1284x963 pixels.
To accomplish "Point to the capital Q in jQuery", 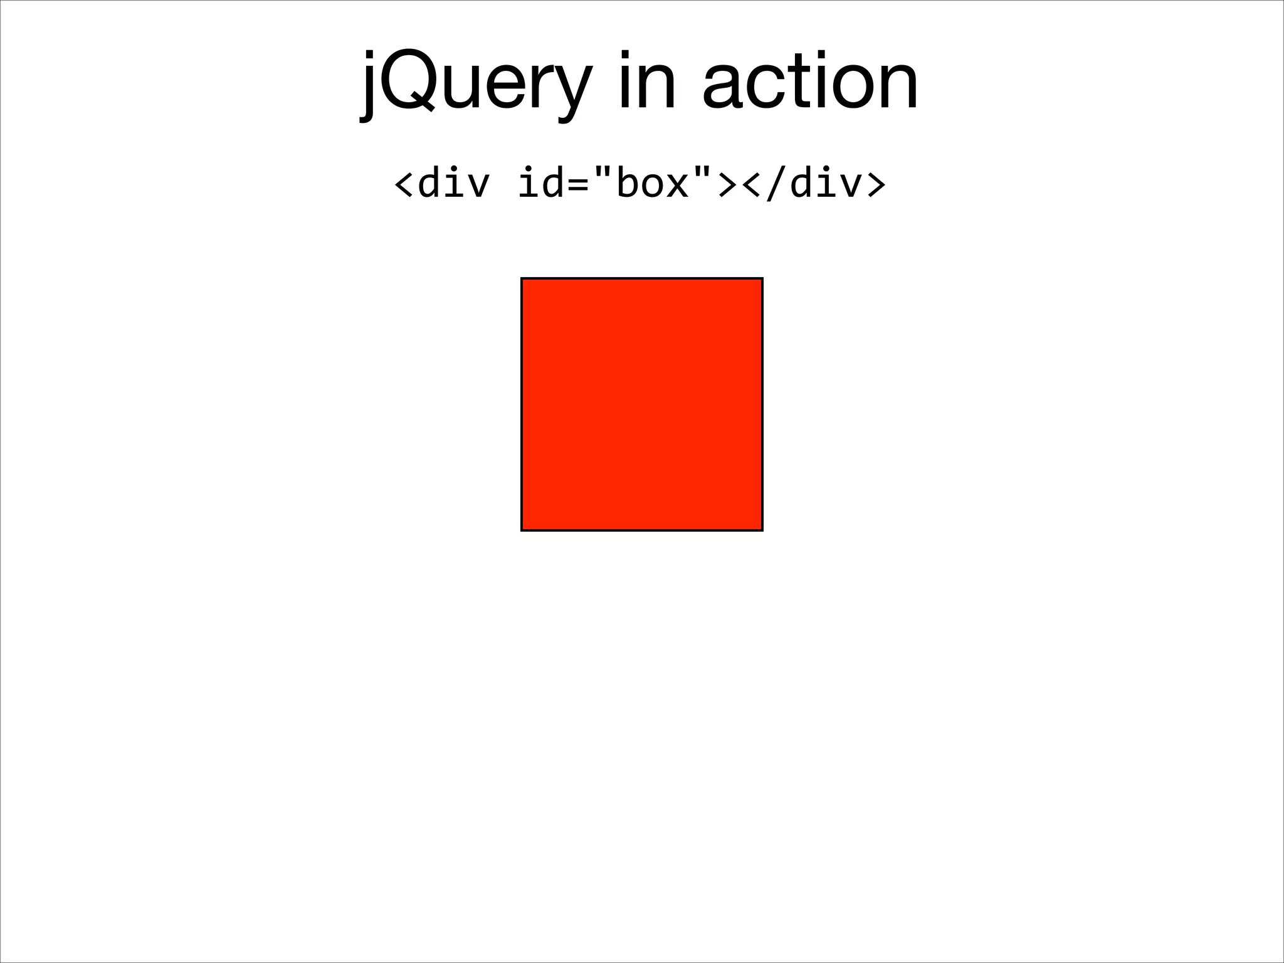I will click(x=408, y=82).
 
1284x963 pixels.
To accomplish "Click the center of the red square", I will click(x=642, y=404).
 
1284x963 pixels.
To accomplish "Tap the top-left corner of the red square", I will click(x=522, y=278).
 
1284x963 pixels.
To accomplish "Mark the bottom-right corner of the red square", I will click(x=762, y=530).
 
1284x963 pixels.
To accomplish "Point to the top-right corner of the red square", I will click(x=762, y=278).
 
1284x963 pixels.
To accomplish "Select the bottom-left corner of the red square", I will click(x=522, y=530).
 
